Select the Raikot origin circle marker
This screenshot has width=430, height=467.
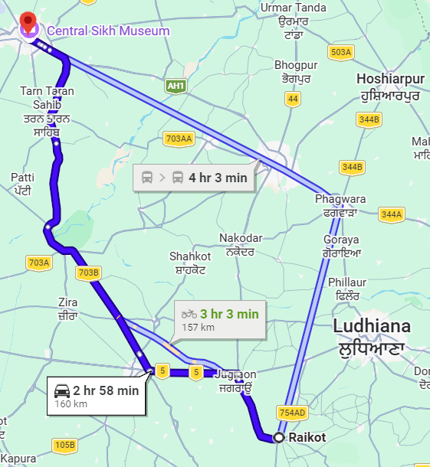tap(279, 437)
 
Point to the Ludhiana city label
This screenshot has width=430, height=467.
tap(372, 327)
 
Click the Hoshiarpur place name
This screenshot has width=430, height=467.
tap(389, 79)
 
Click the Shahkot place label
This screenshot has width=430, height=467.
tap(190, 256)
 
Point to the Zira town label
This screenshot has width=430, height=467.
tap(67, 302)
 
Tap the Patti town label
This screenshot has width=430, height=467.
tap(22, 178)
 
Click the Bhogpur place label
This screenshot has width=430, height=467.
tap(295, 65)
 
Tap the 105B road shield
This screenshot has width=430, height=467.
tap(65, 445)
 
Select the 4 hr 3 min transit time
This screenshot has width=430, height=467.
tap(218, 178)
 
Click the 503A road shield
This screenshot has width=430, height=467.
tap(340, 52)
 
